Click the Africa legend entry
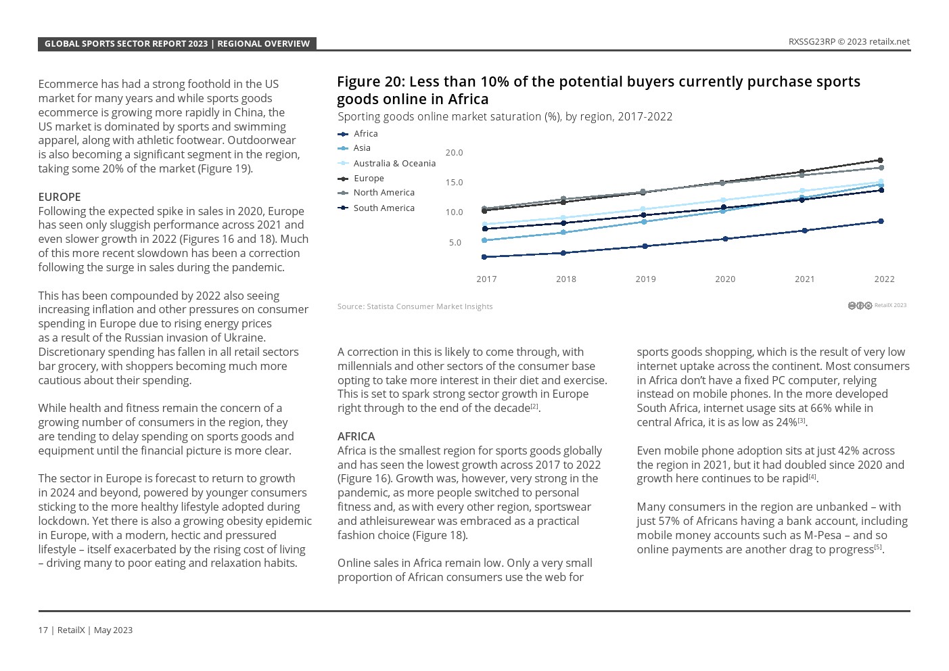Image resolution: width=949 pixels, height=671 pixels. (x=365, y=134)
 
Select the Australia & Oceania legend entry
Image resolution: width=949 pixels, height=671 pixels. (x=394, y=163)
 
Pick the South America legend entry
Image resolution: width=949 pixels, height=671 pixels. (x=384, y=208)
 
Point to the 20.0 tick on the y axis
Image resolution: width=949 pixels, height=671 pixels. (x=454, y=153)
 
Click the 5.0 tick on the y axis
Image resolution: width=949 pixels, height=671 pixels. (x=455, y=242)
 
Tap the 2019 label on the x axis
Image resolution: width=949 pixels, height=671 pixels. (x=645, y=279)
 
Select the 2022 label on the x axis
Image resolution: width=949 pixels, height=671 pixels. (x=884, y=279)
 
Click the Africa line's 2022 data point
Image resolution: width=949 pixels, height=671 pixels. (x=881, y=221)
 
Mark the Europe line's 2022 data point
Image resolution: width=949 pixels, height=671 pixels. (x=880, y=160)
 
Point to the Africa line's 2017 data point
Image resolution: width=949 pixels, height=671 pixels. (x=484, y=257)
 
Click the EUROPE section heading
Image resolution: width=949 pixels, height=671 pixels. (x=60, y=197)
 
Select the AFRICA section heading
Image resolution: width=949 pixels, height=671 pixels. (x=356, y=436)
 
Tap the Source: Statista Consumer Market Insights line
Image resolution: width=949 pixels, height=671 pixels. (x=415, y=306)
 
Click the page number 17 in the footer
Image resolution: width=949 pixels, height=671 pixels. (x=43, y=630)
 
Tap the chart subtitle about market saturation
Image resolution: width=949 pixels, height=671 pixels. (x=505, y=116)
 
